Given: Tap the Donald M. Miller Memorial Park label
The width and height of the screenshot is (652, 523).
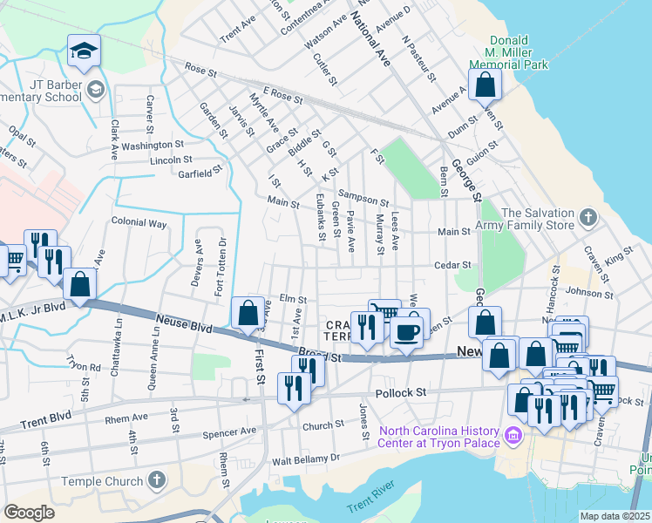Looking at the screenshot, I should tap(508, 52).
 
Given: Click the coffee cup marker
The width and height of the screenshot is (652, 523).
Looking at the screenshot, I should tap(407, 331).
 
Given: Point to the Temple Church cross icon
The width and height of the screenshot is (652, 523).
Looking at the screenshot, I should tap(156, 479).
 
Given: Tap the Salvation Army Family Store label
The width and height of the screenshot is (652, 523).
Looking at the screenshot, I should tap(537, 220).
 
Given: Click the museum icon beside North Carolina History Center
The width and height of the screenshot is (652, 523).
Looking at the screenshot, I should tap(513, 436).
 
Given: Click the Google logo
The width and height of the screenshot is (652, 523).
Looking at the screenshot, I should tap(30, 513).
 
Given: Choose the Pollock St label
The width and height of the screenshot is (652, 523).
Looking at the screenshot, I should tap(401, 393).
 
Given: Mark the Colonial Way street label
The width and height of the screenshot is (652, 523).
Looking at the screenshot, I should tap(139, 223).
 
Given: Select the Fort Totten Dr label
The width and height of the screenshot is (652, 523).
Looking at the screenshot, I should tap(220, 265).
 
